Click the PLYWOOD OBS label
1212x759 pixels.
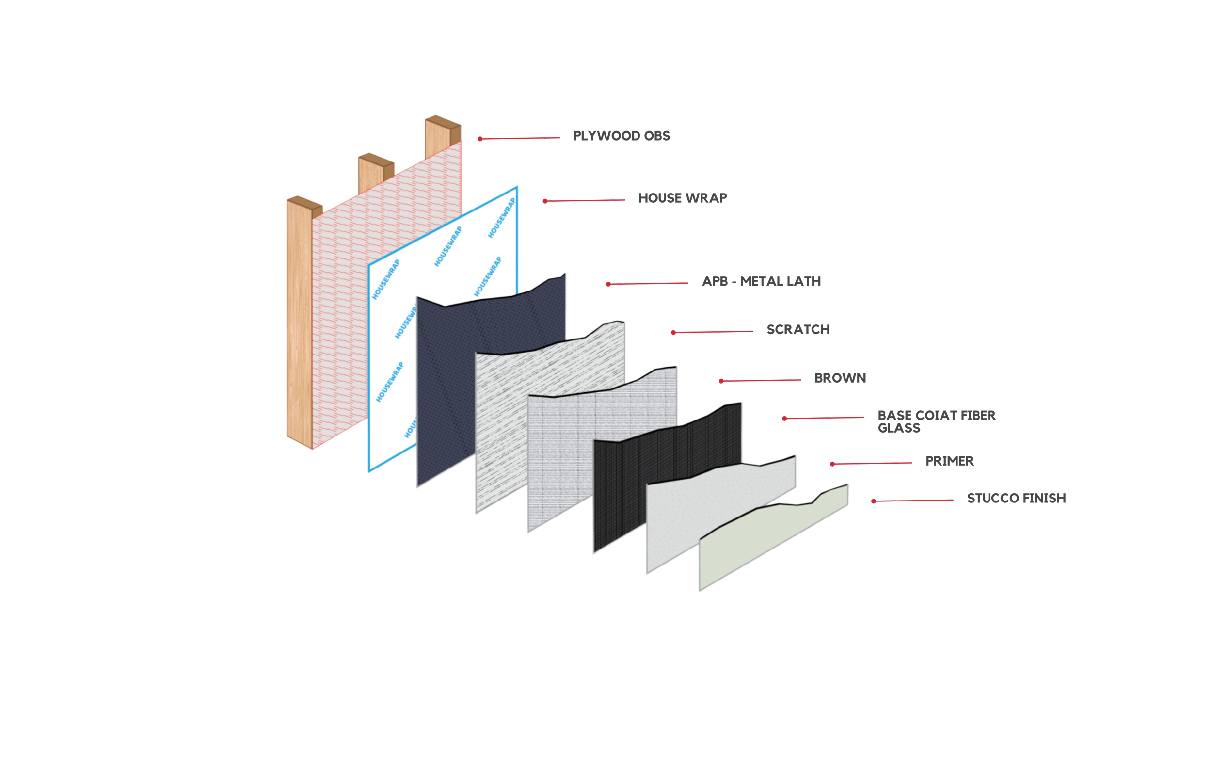(x=621, y=136)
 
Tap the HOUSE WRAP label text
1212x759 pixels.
(x=682, y=198)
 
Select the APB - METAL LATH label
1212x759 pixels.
(x=761, y=281)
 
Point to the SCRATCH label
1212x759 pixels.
(x=797, y=329)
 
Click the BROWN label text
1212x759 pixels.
(x=840, y=378)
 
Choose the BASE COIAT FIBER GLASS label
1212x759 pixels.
(x=936, y=421)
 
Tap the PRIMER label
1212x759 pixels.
(x=949, y=461)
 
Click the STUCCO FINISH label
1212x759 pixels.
(x=1016, y=498)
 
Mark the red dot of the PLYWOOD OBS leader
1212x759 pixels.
(x=480, y=139)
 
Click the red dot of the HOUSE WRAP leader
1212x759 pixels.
(x=545, y=201)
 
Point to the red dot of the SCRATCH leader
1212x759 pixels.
(x=673, y=332)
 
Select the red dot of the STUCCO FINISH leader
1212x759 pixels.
(x=874, y=501)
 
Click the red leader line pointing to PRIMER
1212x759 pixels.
(x=872, y=463)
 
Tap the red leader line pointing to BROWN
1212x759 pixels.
(x=761, y=381)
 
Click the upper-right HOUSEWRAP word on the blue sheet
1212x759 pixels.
(x=502, y=218)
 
